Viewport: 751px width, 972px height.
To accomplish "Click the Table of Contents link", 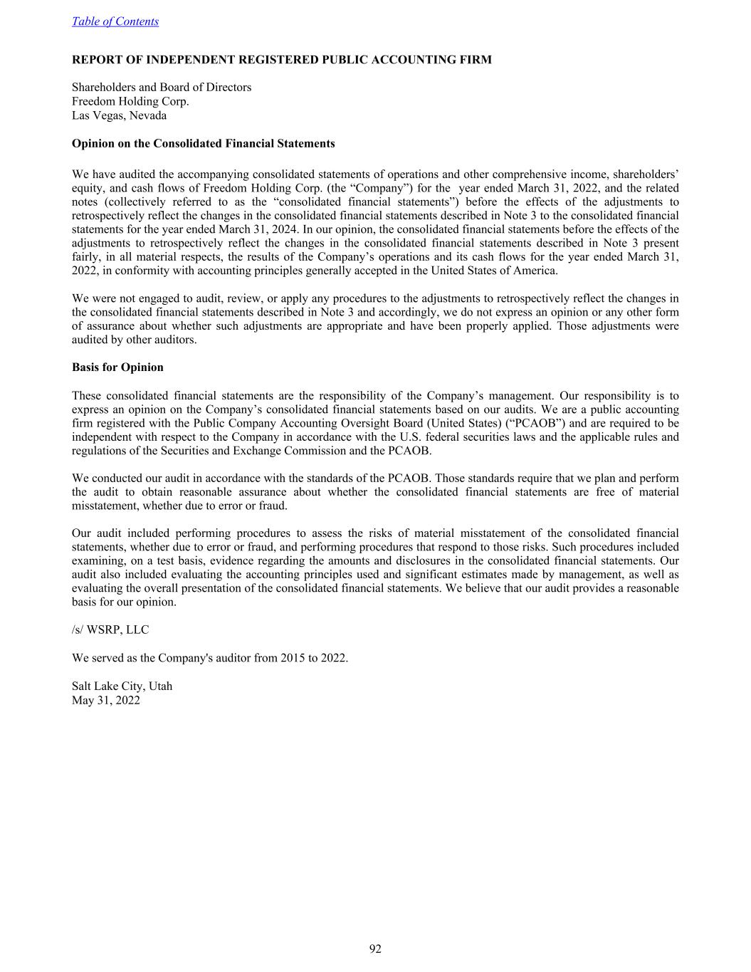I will pos(115,21).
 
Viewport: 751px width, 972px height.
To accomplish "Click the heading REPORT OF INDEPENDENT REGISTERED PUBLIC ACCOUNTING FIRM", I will pos(281,60).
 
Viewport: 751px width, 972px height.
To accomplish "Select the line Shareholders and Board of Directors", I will pos(162,88).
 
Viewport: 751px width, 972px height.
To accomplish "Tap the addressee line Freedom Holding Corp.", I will pos(130,101).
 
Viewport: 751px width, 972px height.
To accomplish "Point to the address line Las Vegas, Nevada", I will pos(119,115).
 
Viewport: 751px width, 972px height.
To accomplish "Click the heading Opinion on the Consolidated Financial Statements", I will pos(203,144).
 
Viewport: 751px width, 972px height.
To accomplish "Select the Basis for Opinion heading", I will pos(117,367).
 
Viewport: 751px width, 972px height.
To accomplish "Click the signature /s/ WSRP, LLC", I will pos(110,630).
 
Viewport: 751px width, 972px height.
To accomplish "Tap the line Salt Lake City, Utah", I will pos(122,686).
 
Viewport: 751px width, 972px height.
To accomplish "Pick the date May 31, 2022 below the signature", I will pos(106,700).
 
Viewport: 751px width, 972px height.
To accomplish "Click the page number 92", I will pos(375,949).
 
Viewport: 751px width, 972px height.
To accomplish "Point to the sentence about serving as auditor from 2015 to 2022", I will pos(210,658).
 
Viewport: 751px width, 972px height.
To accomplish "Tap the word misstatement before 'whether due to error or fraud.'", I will pos(105,506).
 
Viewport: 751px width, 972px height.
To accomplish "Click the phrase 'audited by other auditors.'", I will pos(135,340).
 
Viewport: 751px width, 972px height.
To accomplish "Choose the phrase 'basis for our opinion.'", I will pos(124,602).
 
